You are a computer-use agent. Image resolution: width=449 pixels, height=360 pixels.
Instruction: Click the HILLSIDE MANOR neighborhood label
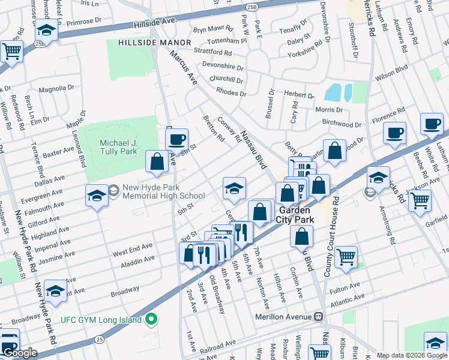coord(154,43)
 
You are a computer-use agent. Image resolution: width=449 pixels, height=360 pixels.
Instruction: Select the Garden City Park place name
coord(294,215)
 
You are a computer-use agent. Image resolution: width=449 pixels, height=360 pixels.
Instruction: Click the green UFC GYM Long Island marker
coord(151,319)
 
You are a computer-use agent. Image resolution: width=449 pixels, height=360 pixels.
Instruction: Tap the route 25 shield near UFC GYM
coord(99,340)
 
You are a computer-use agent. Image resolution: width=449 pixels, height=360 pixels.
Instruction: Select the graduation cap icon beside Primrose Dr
coord(46,30)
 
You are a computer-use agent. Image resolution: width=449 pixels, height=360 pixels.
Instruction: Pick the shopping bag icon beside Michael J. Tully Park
coord(157,161)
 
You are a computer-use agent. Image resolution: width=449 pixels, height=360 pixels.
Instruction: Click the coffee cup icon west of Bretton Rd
coord(176,140)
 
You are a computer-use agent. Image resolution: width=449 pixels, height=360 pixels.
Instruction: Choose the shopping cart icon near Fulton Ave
coord(346,257)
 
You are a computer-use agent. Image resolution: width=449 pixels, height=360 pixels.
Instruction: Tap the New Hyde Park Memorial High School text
coord(164,191)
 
